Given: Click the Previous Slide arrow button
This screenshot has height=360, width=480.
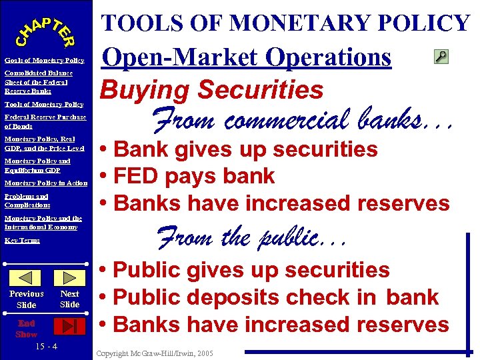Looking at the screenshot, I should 27,278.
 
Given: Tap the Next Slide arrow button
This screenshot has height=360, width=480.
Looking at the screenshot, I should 69,278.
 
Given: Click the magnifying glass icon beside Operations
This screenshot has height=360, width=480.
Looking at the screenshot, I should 441,57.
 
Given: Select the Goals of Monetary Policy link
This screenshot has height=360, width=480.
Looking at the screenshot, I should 44,61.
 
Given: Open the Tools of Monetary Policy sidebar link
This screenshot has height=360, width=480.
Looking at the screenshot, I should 44,104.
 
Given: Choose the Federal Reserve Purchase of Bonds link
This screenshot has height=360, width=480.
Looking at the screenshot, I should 45,121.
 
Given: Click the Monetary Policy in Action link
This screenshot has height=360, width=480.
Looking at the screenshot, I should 46,183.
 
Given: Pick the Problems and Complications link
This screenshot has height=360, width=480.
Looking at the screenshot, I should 27,201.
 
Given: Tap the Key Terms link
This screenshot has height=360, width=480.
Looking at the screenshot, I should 22,240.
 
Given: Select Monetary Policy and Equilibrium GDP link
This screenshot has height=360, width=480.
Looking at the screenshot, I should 37,165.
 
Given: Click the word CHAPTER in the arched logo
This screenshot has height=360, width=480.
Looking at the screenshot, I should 45,30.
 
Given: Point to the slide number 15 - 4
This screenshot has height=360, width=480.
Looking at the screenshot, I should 45,347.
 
